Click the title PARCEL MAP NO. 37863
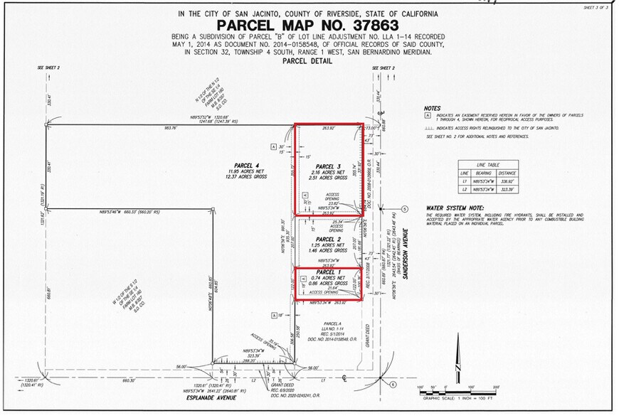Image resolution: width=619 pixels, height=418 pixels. [308, 26]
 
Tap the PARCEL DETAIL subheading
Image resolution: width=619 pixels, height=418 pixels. [307, 61]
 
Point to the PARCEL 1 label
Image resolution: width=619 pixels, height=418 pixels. [329, 272]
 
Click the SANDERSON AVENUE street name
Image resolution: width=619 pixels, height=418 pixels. [407, 256]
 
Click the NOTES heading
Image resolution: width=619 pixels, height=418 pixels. [431, 109]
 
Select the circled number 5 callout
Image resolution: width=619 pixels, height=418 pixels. [403, 208]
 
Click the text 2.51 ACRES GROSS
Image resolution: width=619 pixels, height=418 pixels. [330, 178]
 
